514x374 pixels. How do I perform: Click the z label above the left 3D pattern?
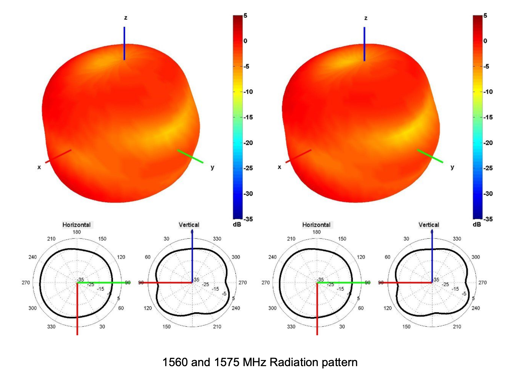click(x=126, y=18)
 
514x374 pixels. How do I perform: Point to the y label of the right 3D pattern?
click(x=452, y=167)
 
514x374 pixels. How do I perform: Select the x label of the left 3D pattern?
click(x=39, y=167)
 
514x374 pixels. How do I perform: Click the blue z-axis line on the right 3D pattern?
click(x=364, y=44)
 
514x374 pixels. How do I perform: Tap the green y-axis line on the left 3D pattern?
click(x=190, y=156)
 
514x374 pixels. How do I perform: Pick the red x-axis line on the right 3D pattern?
click(x=298, y=156)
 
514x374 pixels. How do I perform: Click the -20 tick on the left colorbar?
click(x=248, y=143)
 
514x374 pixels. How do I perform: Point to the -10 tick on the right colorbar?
click(x=488, y=92)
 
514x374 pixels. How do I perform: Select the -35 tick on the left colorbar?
click(x=248, y=219)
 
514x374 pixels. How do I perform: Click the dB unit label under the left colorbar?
click(x=237, y=225)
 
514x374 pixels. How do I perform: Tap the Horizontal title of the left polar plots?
click(x=77, y=225)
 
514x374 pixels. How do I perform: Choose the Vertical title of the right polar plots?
click(x=429, y=225)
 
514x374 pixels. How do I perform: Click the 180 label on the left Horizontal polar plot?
click(x=77, y=232)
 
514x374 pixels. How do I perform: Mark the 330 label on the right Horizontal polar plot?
click(x=291, y=327)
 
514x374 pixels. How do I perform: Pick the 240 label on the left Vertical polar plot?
click(x=236, y=308)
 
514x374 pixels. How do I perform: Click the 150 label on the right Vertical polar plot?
click(x=406, y=327)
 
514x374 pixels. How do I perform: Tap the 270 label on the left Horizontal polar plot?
click(x=26, y=283)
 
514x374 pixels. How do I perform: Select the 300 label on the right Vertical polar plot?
click(x=476, y=257)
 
